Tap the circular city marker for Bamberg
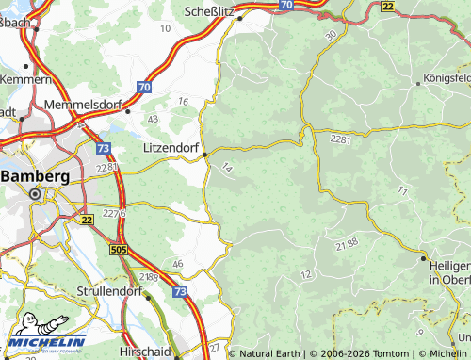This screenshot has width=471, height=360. click(35, 194)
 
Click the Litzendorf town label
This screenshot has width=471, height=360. click(170, 149)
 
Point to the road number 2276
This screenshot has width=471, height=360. click(115, 214)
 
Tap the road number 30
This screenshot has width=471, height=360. click(330, 35)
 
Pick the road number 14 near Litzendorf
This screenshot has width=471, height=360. click(226, 167)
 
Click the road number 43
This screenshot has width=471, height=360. click(153, 119)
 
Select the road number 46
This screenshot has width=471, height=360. click(177, 263)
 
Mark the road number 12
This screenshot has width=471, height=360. click(305, 273)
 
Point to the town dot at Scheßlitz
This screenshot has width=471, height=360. click(239, 17)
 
